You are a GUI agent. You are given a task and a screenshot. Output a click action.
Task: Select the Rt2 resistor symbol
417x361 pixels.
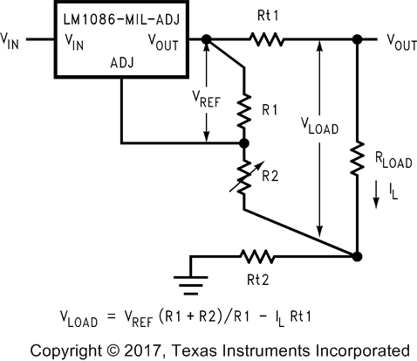tap(256, 256)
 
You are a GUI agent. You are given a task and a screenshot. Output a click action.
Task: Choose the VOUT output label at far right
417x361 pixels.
tap(400, 41)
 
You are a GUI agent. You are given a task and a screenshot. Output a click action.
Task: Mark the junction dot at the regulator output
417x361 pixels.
tap(206, 39)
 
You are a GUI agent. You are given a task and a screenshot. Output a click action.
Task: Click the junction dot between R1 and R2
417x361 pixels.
tap(244, 143)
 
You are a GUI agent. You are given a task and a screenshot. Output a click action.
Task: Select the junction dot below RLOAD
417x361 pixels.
tap(358, 256)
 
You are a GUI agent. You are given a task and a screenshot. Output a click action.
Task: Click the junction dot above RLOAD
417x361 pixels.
tap(358, 39)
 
